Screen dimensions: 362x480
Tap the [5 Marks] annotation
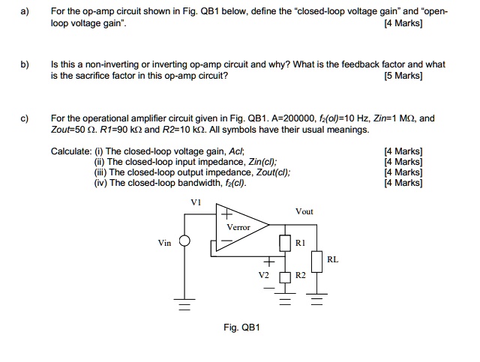click(403, 76)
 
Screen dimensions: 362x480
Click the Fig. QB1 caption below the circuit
click(241, 327)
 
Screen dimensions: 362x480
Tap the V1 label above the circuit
click(196, 202)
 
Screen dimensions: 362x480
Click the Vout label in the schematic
click(304, 212)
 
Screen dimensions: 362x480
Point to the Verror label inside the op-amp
click(238, 227)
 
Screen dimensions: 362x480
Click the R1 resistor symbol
click(284, 243)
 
